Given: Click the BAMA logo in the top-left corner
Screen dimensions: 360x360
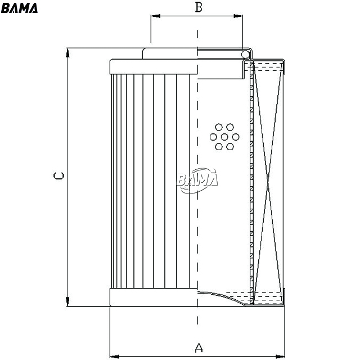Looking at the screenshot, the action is pos(19,8).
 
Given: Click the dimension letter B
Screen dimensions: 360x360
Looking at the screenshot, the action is pos(199,7).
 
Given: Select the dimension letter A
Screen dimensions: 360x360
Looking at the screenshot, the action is pos(199,348).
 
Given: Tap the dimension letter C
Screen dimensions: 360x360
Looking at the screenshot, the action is pos(58,175).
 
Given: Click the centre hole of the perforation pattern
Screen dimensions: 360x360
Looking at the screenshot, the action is pos(224,137).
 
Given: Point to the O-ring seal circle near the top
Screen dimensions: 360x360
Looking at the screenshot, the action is pos(245,55).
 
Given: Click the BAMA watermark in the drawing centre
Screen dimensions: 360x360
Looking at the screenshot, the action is pos(197,181).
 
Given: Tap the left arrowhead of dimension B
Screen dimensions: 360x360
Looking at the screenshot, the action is pos(155,16).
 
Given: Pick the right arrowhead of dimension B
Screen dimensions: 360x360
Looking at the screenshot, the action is pos(238,16).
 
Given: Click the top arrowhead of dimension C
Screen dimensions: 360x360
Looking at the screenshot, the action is pos(67,53).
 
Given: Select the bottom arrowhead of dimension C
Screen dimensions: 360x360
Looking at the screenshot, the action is pos(67,301).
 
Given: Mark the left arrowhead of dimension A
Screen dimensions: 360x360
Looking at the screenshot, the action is pos(115,357).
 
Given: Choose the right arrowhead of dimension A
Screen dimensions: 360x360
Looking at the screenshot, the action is pos(280,357).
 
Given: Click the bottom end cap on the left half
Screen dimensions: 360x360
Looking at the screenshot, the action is pos(154,298).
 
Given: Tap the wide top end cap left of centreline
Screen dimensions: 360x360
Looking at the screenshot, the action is pos(154,66).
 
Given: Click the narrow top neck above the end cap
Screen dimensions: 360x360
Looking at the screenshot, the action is pos(170,53).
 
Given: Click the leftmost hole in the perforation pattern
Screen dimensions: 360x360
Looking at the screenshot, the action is pos(213,137).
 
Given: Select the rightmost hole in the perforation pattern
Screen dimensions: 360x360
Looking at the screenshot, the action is pos(236,137).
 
